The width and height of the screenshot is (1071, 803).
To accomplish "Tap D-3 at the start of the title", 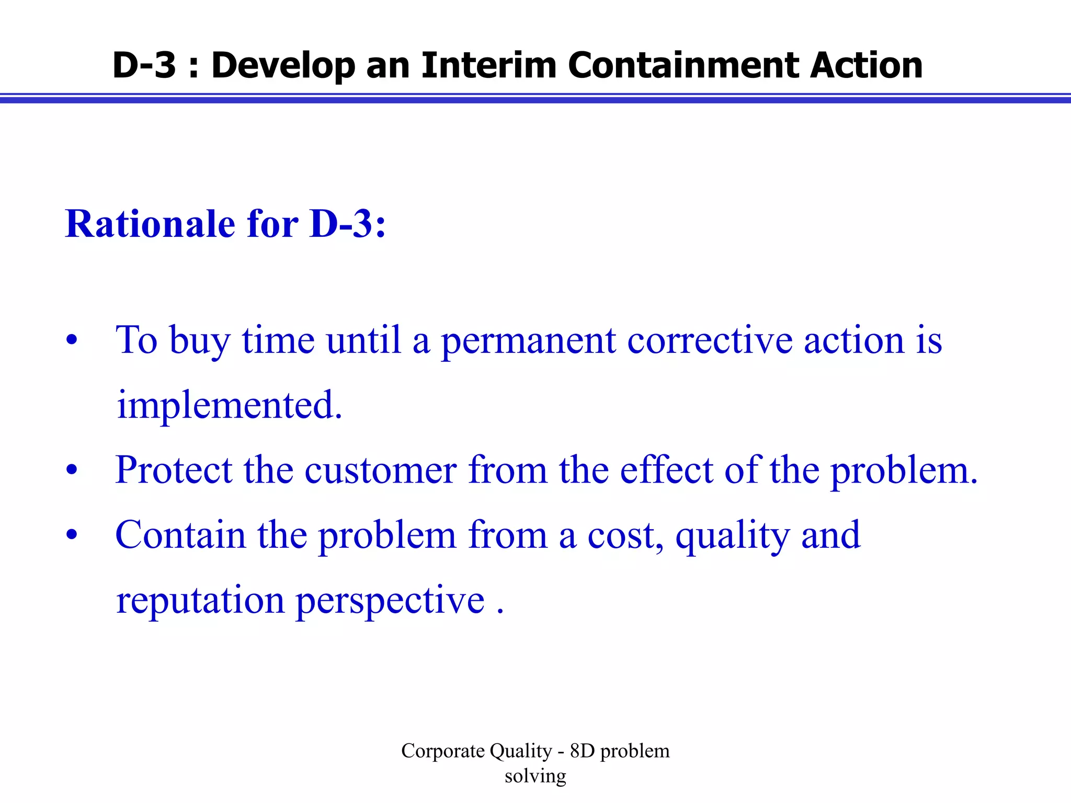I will pos(144,65).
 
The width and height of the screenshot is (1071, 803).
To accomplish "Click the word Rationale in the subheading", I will pos(150,224).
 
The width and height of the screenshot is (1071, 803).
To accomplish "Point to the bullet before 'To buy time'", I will pos(72,341).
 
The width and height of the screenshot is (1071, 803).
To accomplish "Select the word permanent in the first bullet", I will pos(528,341).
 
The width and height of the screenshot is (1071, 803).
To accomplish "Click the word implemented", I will pos(229,405).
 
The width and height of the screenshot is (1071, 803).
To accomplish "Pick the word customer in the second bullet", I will pos(380,470).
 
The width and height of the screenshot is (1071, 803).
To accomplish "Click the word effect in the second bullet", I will pos(666,470).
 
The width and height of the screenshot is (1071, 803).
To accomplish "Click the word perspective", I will pos(390,601).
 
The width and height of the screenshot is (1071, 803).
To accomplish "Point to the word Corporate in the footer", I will pos(442,751).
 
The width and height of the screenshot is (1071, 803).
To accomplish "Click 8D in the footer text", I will pos(582,751).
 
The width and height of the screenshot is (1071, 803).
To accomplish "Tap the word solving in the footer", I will pos(535,776).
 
